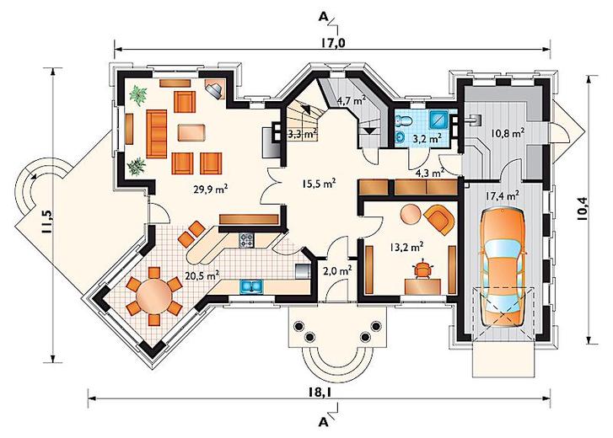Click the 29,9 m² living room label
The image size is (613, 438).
pos(211,190)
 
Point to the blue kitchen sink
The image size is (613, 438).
pos(251,287)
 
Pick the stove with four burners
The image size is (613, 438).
pos(246,240)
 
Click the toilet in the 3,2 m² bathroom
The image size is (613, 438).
pos(403,120)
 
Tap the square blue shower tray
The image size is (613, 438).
pos(438,120)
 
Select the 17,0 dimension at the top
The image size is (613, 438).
pos(333,43)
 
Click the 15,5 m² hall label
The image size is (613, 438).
pos(319,184)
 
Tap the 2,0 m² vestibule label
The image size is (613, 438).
pos(337,270)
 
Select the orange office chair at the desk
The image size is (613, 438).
pos(423,270)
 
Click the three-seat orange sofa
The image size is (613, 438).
pos(157,134)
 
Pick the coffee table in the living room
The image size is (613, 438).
pos(191,132)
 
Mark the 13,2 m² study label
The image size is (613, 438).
pos(406,247)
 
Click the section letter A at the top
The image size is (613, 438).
pos(323,16)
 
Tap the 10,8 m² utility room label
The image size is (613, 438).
pos(508,134)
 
